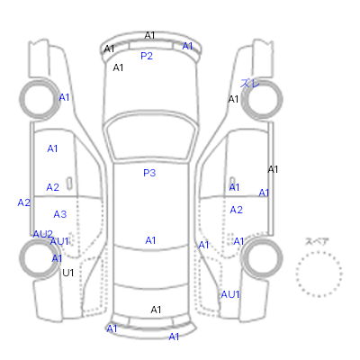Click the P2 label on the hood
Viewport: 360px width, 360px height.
coord(147,56)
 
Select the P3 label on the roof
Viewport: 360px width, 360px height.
coord(149,173)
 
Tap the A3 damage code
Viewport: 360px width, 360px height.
coord(60,214)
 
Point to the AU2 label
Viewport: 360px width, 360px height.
coord(43,234)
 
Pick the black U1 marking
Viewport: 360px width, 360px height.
coord(68,273)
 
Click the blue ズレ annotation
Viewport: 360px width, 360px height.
coord(249,83)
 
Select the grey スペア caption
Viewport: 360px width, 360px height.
coord(317,241)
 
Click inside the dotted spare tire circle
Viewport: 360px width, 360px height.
coord(319,274)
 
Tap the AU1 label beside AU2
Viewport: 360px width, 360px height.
coord(59,241)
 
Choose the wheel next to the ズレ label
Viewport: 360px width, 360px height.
coord(262,99)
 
